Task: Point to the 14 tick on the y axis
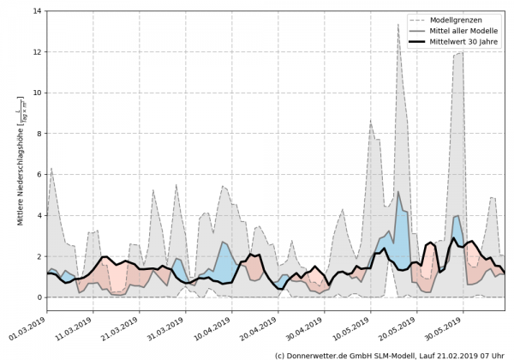(39, 11)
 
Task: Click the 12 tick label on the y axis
(39, 52)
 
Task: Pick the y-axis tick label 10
(39, 93)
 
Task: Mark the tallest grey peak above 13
(398, 24)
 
